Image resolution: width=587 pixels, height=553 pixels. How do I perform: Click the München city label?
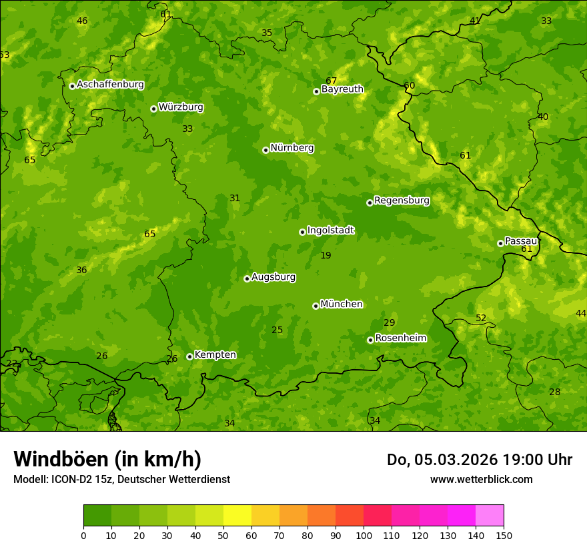point(342,304)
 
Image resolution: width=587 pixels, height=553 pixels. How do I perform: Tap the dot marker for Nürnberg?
point(265,150)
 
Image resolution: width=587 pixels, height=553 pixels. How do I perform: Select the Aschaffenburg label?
point(110,85)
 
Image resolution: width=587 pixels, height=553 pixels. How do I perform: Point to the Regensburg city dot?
point(370,203)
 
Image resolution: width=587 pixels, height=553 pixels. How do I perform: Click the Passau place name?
point(521,241)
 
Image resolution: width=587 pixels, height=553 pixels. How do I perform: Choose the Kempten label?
point(215,355)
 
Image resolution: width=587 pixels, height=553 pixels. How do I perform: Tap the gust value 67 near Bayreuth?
point(332,81)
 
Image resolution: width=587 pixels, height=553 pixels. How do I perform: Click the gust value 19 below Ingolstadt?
point(326,255)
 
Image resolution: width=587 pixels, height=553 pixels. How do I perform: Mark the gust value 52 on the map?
point(481,318)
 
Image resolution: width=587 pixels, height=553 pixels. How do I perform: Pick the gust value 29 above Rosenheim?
point(390,322)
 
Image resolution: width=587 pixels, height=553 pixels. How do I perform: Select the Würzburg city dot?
point(153,109)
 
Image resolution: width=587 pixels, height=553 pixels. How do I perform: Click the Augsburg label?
point(273,277)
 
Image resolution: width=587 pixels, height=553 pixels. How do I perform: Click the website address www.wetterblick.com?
point(481,479)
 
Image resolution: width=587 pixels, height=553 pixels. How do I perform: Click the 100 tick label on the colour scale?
point(364,535)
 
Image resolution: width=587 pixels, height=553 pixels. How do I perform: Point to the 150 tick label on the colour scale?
point(504,535)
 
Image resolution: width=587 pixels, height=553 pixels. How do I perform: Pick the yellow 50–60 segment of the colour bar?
point(237,516)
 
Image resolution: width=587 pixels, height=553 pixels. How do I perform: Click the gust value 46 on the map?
point(82,21)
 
